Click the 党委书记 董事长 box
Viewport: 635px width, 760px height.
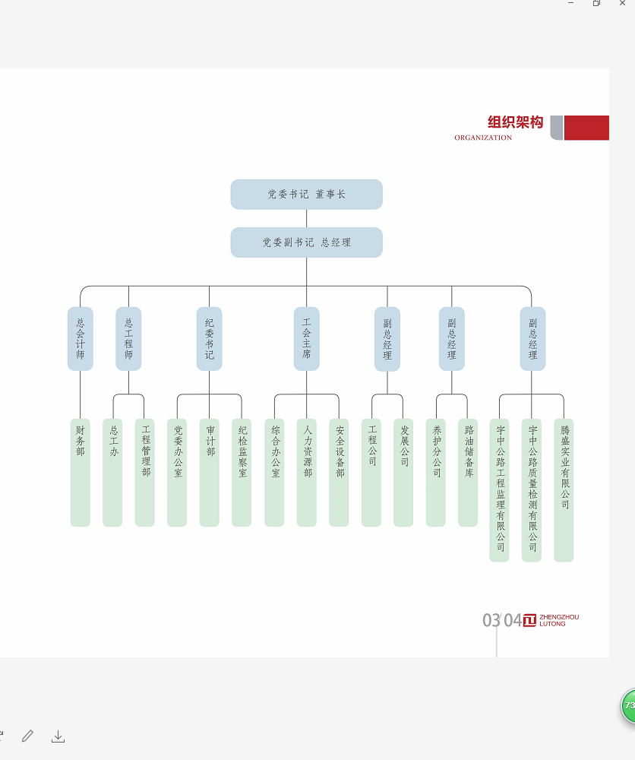[x=306, y=195]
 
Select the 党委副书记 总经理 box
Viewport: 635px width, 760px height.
[x=306, y=242]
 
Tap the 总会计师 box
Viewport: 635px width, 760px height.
[x=81, y=339]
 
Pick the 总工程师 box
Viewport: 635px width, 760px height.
[x=128, y=339]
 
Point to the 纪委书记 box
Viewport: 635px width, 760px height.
[x=209, y=339]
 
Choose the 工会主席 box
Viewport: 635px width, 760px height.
[x=307, y=339]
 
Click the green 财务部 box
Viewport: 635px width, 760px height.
[x=81, y=472]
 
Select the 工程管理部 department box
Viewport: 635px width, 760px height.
[x=145, y=472]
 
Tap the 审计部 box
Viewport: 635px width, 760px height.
[x=210, y=472]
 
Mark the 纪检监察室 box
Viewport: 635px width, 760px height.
[x=242, y=472]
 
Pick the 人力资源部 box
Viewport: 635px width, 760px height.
[x=307, y=472]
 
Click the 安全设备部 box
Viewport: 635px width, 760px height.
[x=339, y=472]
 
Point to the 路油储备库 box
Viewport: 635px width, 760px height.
[x=468, y=472]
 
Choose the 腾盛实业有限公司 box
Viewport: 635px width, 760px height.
[x=564, y=490]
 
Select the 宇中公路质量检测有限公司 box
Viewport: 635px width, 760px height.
[x=532, y=490]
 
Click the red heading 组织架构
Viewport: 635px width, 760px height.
[x=516, y=122]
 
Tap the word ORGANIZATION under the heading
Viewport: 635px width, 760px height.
[x=483, y=138]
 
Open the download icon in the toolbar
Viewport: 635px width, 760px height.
[x=58, y=736]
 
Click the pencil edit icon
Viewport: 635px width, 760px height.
[x=28, y=736]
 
